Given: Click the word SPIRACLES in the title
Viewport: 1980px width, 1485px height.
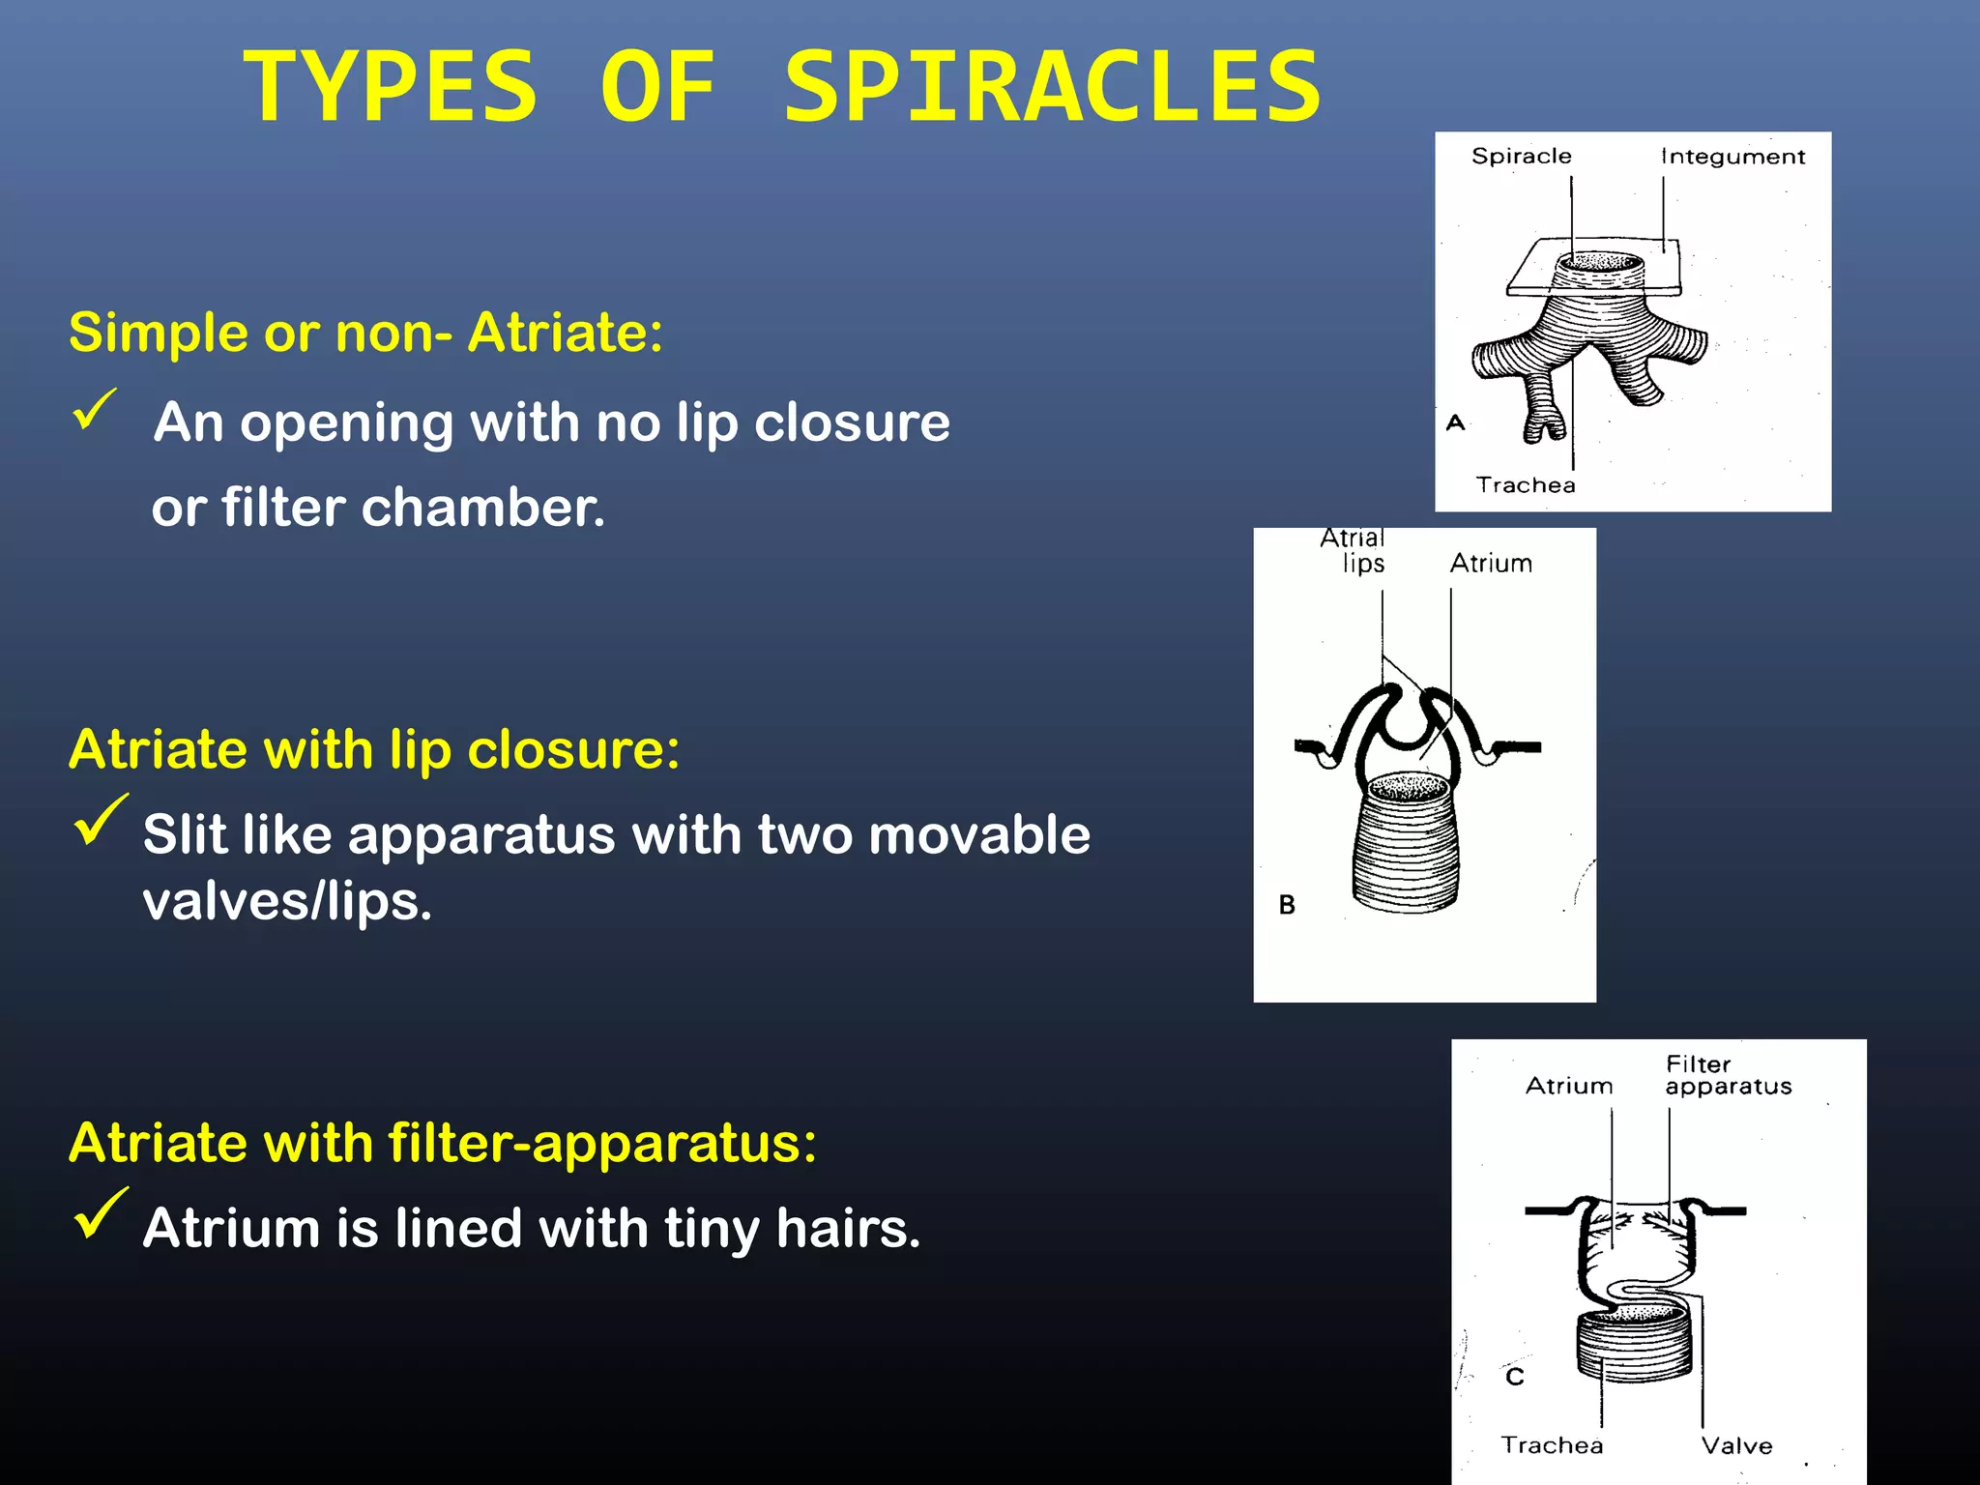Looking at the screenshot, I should click(1052, 87).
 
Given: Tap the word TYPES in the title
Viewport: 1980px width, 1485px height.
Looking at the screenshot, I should click(390, 87).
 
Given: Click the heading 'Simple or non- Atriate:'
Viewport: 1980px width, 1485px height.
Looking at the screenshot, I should click(365, 333).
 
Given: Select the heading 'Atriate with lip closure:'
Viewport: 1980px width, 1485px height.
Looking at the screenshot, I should click(374, 749).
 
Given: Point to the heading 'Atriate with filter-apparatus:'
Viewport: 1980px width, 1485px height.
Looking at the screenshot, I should click(443, 1143).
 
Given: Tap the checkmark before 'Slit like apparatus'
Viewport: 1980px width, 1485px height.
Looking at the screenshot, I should click(100, 820).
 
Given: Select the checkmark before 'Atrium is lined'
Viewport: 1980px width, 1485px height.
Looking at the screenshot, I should click(100, 1213).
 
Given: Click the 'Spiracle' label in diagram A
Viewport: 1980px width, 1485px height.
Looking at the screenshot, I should click(1521, 157).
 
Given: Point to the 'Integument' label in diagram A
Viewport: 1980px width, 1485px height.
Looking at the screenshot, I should click(1732, 157).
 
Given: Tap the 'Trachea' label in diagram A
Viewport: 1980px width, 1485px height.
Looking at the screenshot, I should click(1526, 485).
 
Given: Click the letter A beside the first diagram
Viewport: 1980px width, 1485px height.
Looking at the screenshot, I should click(1455, 422).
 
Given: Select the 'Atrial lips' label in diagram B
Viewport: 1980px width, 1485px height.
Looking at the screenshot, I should click(1354, 550).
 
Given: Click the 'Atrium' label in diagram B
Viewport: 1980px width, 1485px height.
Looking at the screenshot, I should click(1491, 564).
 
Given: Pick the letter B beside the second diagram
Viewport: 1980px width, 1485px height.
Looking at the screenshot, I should click(1287, 905).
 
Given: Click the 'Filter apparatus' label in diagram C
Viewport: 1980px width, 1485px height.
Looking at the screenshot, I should click(1727, 1075).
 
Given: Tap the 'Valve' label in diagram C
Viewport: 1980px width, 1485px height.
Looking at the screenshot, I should click(1736, 1446).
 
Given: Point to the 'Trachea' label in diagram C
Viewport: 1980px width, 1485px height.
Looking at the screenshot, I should click(1552, 1445).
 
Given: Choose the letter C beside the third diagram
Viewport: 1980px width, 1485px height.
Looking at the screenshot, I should click(1515, 1377).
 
